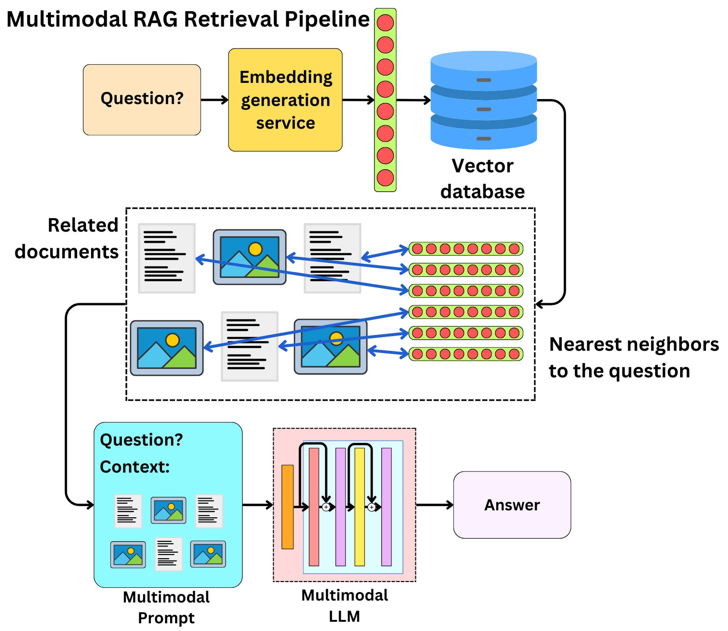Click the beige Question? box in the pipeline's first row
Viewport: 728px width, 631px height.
click(142, 100)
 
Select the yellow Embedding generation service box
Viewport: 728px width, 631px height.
click(285, 100)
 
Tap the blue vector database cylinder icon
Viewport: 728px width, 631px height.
click(483, 100)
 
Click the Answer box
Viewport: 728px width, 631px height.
click(512, 504)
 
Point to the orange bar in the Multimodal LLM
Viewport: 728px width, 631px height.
click(287, 506)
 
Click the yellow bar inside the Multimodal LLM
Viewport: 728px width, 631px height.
click(360, 506)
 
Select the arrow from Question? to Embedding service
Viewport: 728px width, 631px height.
click(215, 100)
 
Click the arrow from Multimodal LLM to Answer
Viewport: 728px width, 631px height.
click(434, 504)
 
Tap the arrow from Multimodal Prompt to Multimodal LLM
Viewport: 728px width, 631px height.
click(258, 504)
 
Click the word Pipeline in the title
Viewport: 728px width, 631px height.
click(327, 19)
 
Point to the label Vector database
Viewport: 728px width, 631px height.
click(482, 179)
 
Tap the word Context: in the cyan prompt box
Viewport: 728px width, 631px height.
click(135, 467)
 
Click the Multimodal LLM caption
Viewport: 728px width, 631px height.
click(345, 606)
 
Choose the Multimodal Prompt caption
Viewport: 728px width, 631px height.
click(166, 607)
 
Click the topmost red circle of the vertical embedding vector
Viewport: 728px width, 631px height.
click(385, 22)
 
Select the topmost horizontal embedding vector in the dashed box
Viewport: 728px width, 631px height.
click(466, 249)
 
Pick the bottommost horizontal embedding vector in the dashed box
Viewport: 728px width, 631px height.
click(466, 354)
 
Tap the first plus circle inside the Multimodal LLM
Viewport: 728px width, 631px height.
click(326, 507)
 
